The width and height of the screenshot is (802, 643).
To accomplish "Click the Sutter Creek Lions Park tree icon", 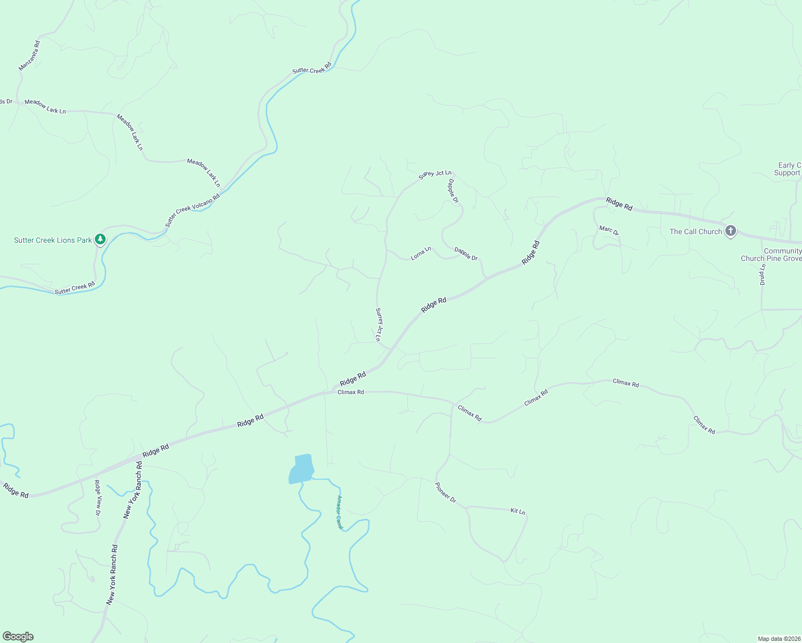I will [100, 239].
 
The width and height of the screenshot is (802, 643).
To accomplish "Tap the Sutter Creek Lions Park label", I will [53, 240].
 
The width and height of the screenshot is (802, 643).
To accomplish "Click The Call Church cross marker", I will [730, 231].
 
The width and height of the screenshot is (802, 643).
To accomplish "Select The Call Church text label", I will [695, 231].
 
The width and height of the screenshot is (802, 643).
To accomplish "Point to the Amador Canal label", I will [339, 512].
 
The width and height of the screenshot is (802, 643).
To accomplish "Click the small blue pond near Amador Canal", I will [301, 469].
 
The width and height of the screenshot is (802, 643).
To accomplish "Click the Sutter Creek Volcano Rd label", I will [192, 210].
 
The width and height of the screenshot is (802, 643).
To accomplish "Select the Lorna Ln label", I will [421, 253].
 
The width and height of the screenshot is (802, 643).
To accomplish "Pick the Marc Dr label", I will [609, 231].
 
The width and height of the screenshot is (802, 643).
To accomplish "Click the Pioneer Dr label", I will [445, 492].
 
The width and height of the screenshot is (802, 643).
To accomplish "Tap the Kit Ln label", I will [517, 512].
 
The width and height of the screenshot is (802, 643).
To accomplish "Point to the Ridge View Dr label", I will [98, 498].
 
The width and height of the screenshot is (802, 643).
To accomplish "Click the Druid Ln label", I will [762, 274].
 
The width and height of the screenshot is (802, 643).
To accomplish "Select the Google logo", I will [18, 637].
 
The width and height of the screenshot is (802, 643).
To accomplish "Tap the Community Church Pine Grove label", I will [771, 255].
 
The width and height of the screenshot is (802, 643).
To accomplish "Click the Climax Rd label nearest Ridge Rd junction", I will [351, 392].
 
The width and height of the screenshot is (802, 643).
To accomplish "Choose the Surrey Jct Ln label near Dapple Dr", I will [435, 174].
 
